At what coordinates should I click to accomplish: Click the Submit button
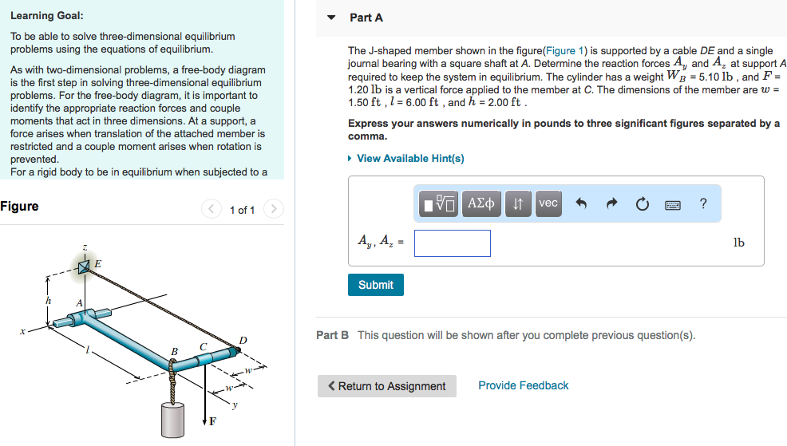click(x=375, y=285)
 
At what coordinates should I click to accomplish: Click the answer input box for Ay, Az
click(x=452, y=243)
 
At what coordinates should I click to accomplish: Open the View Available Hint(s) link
click(x=410, y=158)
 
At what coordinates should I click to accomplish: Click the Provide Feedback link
click(x=523, y=385)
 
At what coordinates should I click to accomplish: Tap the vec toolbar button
click(x=548, y=203)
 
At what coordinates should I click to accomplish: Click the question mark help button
click(x=702, y=203)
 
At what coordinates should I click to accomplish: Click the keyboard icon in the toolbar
click(x=672, y=204)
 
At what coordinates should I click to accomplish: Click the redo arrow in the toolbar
click(x=612, y=204)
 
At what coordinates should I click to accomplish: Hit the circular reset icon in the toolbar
click(x=643, y=204)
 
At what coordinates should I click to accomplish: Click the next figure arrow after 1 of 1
click(x=273, y=210)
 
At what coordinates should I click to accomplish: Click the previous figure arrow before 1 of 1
click(x=212, y=210)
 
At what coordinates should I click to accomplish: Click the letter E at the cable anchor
click(x=97, y=262)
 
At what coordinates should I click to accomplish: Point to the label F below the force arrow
click(x=212, y=422)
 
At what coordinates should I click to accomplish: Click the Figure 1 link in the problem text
click(x=565, y=50)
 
